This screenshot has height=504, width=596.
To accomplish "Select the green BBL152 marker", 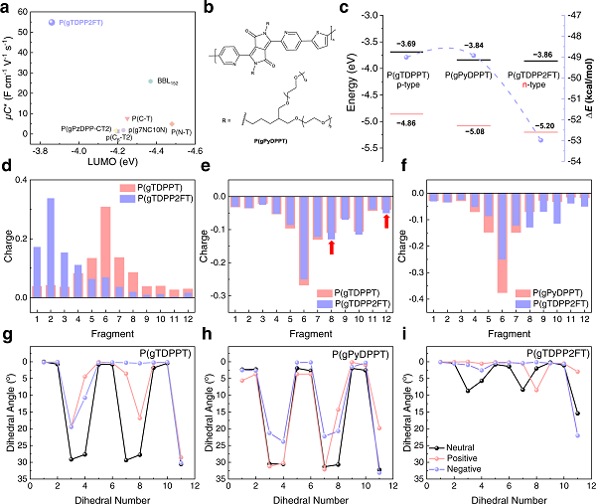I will (150, 81).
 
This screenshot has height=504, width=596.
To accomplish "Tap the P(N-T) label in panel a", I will (181, 131).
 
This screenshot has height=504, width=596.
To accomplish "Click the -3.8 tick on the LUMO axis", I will (41, 150).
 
